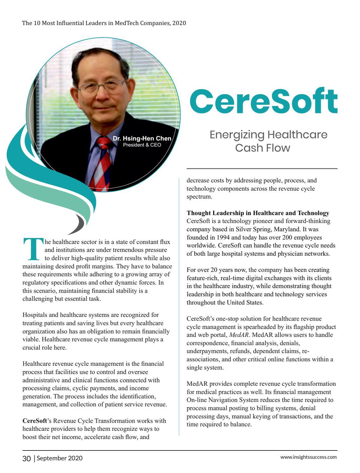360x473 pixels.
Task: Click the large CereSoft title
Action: [263, 101]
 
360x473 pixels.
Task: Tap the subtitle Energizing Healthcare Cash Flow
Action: [268, 141]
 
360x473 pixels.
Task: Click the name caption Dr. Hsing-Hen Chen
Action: [142, 139]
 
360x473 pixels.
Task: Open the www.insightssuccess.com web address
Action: [308, 457]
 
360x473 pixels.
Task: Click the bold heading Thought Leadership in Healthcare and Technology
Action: [258, 213]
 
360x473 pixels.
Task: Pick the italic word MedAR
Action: [239, 335]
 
